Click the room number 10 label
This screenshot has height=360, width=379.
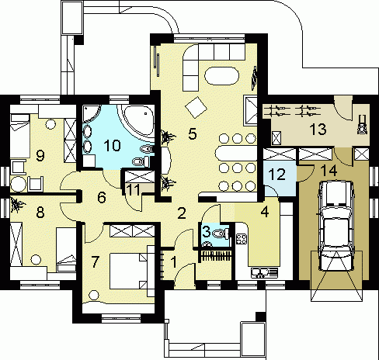click(x=112, y=145)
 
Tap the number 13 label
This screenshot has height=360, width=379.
click(x=318, y=129)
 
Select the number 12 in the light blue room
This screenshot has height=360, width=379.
click(x=277, y=174)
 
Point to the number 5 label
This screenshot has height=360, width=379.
click(x=193, y=133)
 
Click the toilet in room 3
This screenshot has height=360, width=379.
click(x=221, y=234)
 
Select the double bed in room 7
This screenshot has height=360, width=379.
click(x=128, y=271)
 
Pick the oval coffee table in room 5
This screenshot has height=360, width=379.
click(x=221, y=76)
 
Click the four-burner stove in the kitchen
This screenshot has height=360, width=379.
click(x=242, y=238)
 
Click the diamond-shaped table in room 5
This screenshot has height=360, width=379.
click(x=196, y=107)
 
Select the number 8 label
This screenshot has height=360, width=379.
click(x=40, y=213)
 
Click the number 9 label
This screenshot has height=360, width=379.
click(x=40, y=156)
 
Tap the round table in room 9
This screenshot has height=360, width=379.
click(x=18, y=184)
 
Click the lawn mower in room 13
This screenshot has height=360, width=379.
click(x=362, y=125)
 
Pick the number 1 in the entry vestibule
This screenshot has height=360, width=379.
click(x=174, y=262)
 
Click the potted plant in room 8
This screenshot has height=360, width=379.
click(x=17, y=204)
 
